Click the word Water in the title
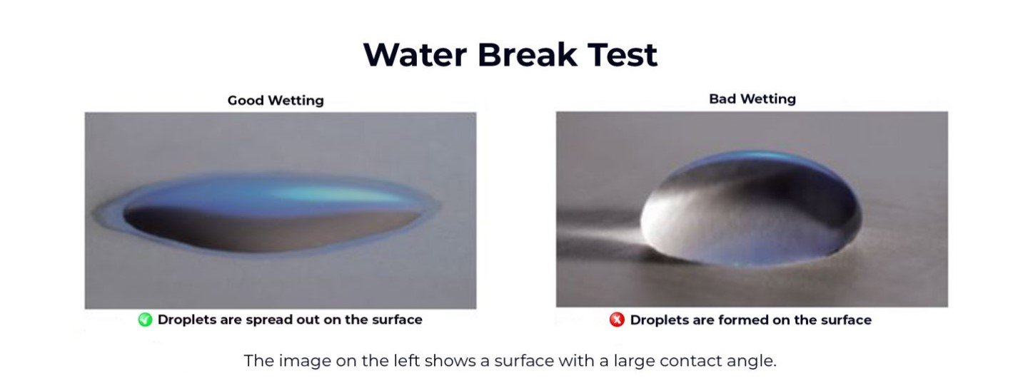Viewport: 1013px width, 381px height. [415, 55]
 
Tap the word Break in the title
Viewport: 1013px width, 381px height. [528, 55]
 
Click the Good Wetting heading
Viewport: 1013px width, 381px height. [276, 101]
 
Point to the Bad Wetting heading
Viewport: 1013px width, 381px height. [752, 99]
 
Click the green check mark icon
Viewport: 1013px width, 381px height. [145, 320]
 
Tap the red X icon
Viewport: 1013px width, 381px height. [617, 320]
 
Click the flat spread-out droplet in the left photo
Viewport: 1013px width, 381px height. [267, 215]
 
